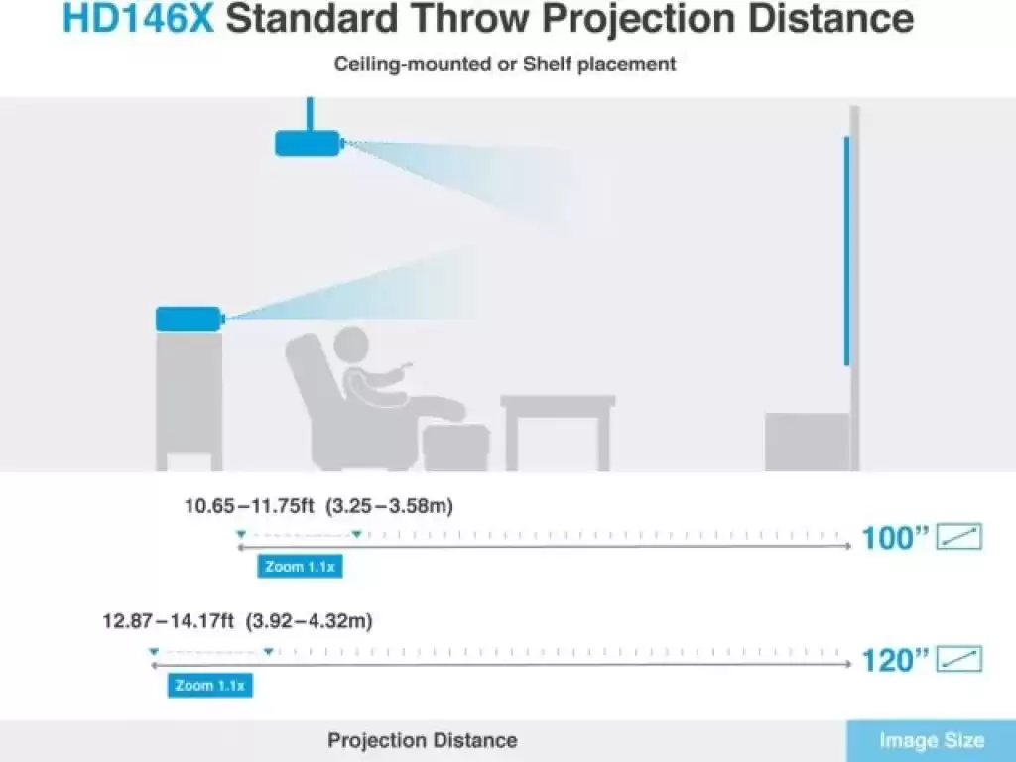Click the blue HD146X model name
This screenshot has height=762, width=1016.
137,18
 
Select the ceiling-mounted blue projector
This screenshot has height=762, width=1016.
308,143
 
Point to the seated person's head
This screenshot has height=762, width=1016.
352,346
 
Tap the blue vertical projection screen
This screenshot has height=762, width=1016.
847,251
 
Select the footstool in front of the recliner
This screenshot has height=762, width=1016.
455,447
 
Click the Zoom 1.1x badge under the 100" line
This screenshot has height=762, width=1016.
300,567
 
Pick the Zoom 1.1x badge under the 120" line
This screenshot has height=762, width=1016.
210,685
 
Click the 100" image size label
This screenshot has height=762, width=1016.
896,537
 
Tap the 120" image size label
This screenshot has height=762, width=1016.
896,660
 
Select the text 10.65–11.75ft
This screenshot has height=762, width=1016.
249,505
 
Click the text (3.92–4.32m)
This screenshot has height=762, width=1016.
310,621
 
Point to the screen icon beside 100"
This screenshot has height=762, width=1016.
959,536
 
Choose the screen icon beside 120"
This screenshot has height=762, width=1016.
959,659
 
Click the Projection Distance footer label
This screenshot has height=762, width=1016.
423,740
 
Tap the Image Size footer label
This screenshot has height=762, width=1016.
932,740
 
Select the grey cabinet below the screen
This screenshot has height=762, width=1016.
808,442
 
